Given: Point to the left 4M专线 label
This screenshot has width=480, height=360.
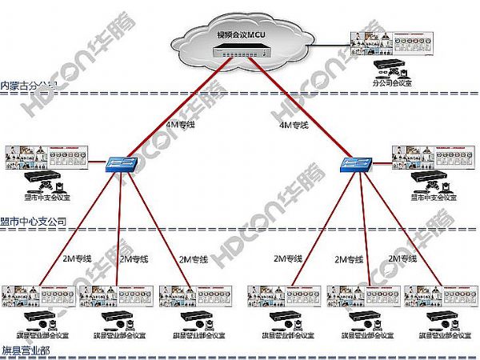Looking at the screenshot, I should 178,125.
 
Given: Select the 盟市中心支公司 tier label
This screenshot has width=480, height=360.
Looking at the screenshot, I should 34,221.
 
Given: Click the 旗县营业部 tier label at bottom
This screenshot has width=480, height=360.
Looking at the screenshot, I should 25,350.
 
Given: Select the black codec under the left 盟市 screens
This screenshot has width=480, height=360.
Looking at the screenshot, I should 40,178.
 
